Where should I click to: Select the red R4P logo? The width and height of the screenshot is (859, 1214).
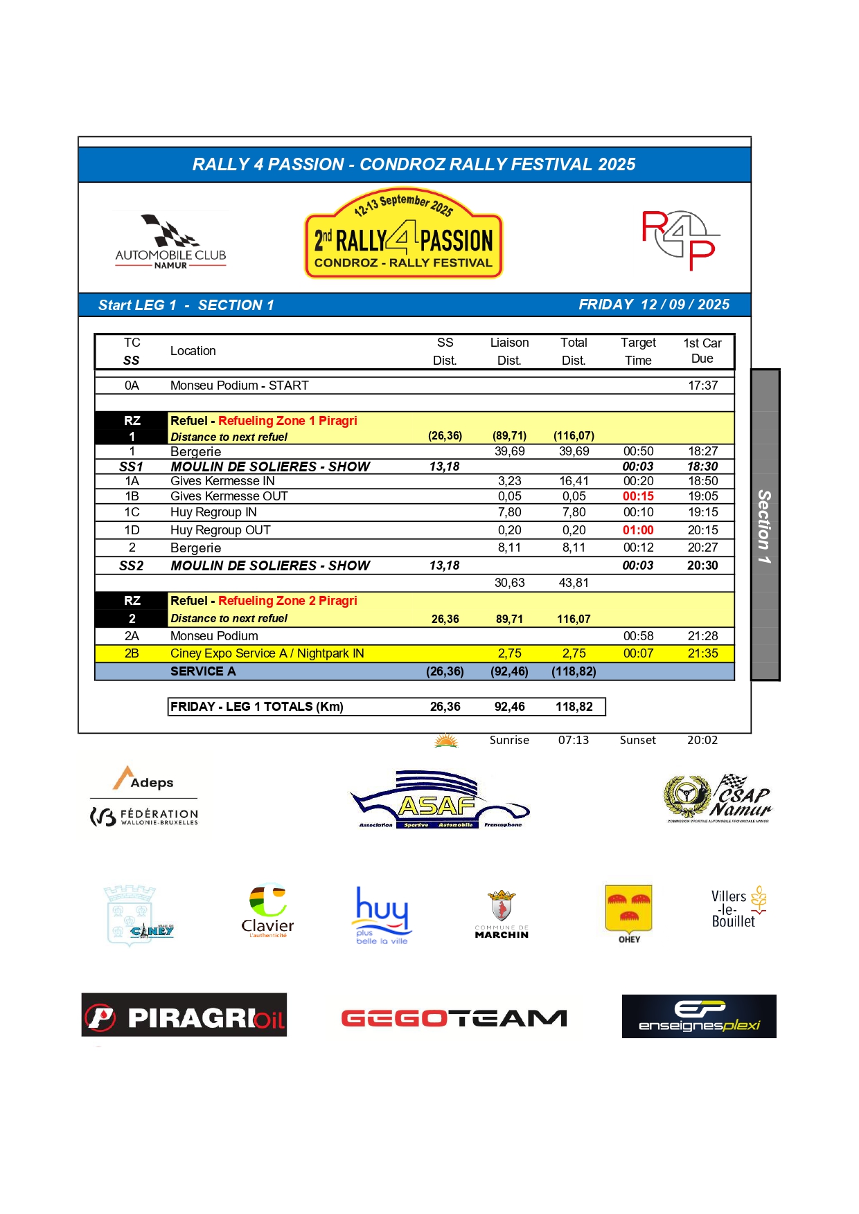680,239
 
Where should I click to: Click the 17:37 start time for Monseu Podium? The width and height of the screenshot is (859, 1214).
702,386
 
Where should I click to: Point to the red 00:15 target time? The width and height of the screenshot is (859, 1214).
638,496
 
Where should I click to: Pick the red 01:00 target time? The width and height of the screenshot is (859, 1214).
638,530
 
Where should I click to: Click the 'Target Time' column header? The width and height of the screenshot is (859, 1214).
638,352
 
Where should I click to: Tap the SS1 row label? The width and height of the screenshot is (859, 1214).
132,466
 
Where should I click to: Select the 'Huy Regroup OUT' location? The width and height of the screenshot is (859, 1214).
220,530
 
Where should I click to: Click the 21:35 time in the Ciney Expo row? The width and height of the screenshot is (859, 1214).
702,653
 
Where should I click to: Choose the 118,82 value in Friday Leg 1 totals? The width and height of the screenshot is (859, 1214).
574,707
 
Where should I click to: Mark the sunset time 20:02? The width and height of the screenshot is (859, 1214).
702,740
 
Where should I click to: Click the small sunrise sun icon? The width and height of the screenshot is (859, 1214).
446,741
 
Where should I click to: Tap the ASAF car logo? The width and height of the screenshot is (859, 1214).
439,800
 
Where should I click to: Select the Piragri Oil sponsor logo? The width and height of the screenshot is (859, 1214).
184,1015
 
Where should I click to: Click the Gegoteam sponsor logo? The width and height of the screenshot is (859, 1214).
454,1018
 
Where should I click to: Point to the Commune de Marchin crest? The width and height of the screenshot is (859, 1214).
502,914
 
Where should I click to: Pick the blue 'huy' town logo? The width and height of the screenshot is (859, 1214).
382,914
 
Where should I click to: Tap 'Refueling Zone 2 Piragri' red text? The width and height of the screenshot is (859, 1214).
287,601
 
